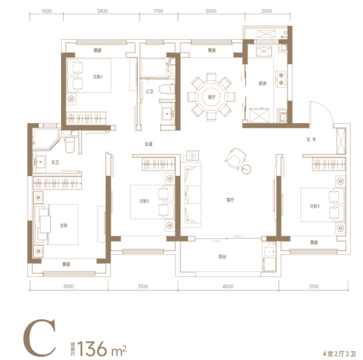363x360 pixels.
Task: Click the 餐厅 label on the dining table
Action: tap(211, 97)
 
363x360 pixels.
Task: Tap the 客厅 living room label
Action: tap(230, 200)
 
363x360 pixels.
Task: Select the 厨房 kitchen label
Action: tap(262, 83)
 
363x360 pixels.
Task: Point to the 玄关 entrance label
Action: tap(311, 139)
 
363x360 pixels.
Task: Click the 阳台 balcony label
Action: tap(222, 257)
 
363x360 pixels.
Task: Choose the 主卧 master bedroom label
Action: tap(64, 225)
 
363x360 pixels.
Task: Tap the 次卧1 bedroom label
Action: tap(98, 77)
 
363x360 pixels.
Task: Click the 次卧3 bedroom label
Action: tap(314, 206)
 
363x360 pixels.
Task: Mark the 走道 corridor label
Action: tap(149, 144)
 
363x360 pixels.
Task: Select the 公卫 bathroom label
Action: tap(149, 91)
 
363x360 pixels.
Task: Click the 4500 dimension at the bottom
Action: tap(228, 286)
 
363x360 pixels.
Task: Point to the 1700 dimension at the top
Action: tap(158, 11)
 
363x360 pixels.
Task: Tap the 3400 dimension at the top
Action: tap(102, 11)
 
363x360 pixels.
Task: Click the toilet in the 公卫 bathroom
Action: tap(167, 89)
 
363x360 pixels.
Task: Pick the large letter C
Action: tap(40, 338)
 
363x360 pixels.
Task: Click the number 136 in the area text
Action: tap(92, 348)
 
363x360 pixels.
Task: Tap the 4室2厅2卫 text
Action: tap(339, 354)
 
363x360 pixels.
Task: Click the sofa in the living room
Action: tap(191, 195)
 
